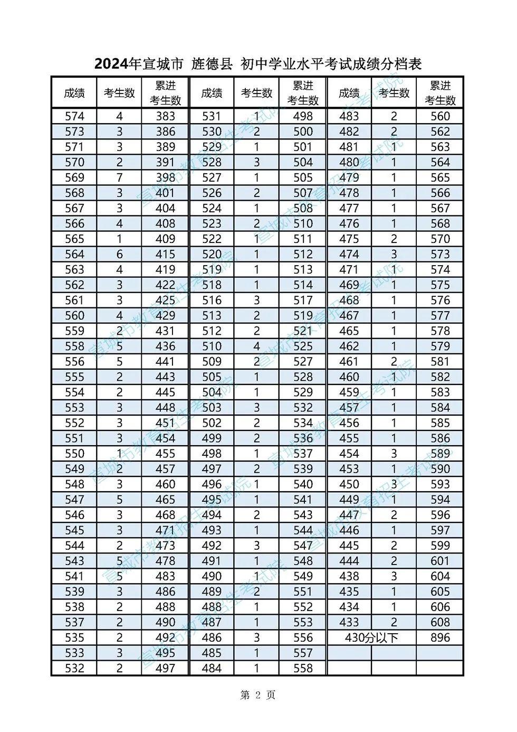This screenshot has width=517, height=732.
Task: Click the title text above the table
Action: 258,64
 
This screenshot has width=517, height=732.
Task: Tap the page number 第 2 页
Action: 257,695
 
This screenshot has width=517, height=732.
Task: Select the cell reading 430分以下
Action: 371,637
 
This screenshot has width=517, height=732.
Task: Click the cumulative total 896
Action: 440,637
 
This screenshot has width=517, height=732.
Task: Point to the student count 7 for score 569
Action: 119,177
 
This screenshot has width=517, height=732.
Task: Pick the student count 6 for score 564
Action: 119,254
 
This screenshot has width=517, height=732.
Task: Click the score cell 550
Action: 74,454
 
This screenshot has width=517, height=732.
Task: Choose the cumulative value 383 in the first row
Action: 165,116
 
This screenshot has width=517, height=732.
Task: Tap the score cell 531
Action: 212,116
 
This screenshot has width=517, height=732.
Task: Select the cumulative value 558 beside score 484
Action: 303,668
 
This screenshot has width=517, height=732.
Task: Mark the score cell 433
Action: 349,622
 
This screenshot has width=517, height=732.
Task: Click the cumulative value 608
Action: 440,622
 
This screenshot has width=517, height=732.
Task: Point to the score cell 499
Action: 212,438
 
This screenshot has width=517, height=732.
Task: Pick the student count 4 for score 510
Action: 257,346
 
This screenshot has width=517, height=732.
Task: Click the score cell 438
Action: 349,576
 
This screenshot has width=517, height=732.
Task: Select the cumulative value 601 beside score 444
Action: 440,561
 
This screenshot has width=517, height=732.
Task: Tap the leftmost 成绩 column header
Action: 74,93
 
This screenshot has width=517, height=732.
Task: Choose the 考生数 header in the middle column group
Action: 257,93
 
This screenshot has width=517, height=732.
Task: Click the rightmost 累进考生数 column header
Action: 440,93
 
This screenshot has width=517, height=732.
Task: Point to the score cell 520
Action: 212,254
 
